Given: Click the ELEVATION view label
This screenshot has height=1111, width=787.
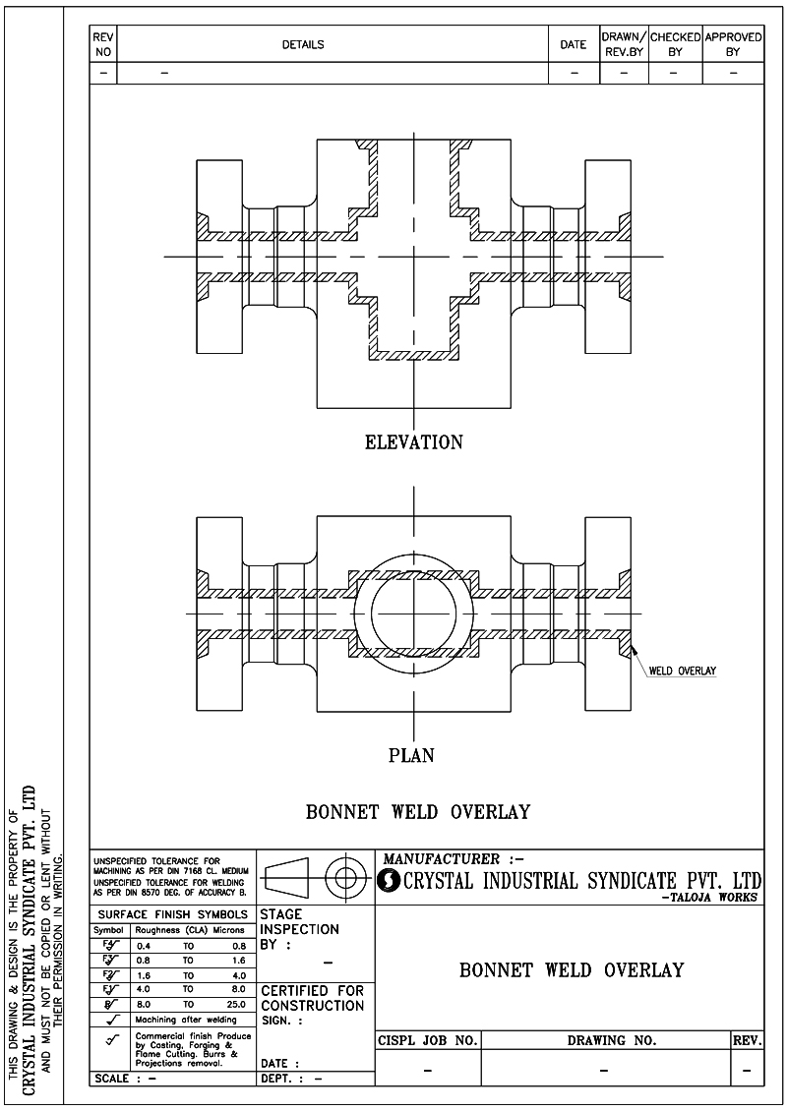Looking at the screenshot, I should [413, 442].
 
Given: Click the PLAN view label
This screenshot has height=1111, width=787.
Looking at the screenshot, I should [412, 756].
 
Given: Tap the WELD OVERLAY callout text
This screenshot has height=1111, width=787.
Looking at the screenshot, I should [683, 672].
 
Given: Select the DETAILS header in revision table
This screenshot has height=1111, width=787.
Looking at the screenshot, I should [303, 44].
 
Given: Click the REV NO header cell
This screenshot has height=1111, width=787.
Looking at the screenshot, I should [102, 44].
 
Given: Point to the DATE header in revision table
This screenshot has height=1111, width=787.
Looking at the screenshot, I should [574, 44].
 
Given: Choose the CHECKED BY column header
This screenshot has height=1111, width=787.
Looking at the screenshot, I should [675, 44].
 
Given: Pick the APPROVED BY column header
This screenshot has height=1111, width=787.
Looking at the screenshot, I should [733, 44].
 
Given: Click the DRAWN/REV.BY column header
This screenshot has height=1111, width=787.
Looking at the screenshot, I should [623, 44].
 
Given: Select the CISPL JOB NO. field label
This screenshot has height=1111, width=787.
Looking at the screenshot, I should [428, 1040].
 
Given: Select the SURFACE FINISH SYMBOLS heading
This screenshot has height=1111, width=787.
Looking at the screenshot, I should [172, 914].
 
